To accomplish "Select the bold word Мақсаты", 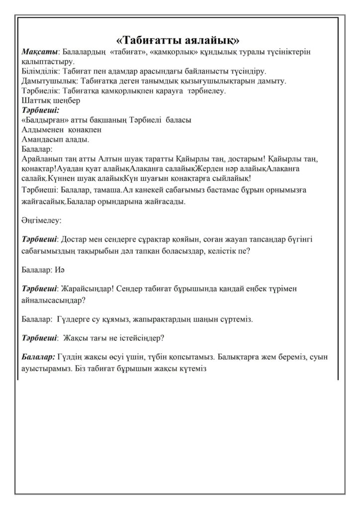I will click(x=40, y=52).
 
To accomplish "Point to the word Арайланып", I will click(x=43, y=159).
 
